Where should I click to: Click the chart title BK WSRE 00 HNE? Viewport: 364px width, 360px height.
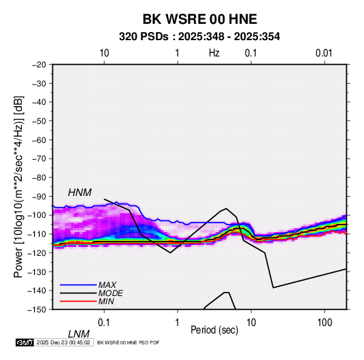199,19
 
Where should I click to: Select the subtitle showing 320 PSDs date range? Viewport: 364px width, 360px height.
199,37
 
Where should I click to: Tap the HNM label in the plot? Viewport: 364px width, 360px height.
80,193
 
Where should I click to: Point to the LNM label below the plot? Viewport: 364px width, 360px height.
78,334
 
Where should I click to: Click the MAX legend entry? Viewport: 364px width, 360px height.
107,284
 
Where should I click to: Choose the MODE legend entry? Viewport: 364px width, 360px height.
110,293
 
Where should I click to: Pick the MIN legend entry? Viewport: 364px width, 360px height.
106,301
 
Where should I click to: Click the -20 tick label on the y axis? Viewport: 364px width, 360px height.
39,65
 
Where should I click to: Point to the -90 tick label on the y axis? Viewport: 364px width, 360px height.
39,197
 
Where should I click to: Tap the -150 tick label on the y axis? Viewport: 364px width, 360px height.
37,310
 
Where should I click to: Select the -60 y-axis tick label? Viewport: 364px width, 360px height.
39,140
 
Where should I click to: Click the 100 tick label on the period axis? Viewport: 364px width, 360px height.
325,323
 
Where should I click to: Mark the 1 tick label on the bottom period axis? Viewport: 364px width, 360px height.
178,323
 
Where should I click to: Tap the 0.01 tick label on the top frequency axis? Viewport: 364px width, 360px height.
324,53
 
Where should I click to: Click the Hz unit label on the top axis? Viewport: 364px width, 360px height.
214,53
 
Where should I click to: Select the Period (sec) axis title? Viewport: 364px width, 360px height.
214,330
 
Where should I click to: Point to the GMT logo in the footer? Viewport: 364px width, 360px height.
24,342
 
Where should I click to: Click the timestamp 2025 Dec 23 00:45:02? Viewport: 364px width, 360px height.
63,342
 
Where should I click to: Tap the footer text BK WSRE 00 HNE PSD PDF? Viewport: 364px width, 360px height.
128,342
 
